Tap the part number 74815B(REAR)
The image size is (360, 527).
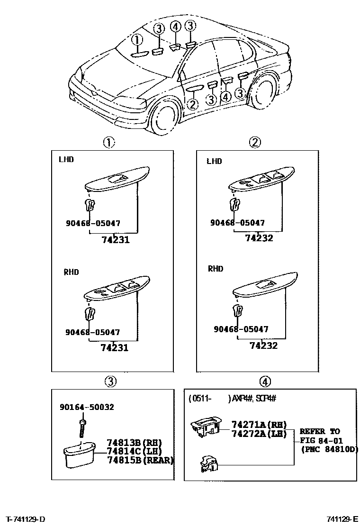pos(140,460)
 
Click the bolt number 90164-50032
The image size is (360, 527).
pos(87,407)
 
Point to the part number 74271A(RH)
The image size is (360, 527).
pos(259,425)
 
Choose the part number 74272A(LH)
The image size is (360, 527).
pos(259,433)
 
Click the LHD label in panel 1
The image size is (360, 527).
pos(66,160)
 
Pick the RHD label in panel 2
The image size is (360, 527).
pos(216,269)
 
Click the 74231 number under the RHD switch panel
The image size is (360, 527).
pos(115,347)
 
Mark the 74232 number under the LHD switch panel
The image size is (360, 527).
pos(259,238)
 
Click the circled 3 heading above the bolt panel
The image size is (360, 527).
pos(110,381)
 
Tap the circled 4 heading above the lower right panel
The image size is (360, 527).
pos(265,381)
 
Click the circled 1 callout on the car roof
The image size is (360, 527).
pos(136,39)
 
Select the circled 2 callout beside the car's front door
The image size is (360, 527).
pos(193,104)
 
